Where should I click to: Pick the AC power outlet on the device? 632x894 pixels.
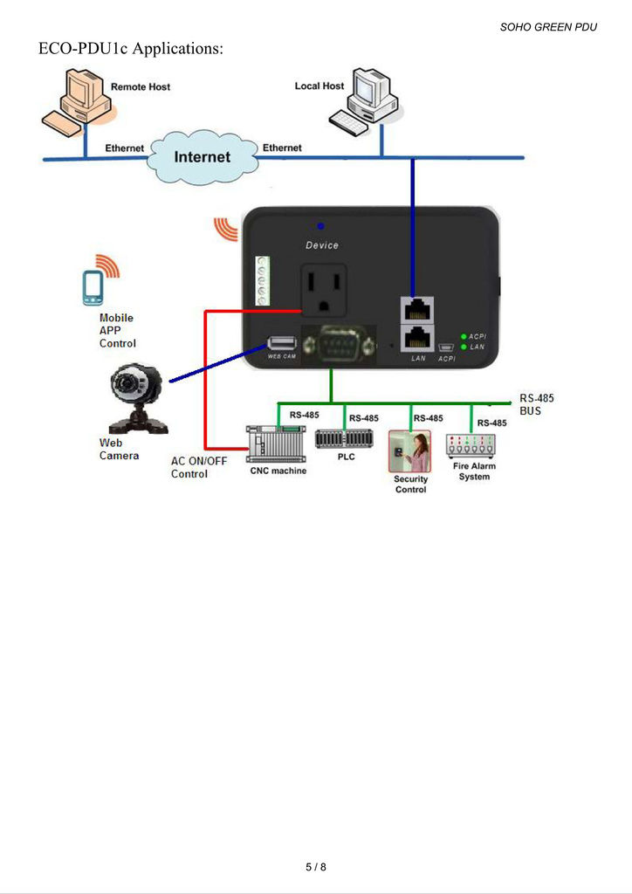click(x=325, y=290)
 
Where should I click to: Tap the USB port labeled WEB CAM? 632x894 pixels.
click(x=282, y=343)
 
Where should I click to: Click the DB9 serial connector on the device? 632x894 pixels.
click(x=338, y=347)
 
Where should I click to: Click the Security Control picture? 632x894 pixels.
click(x=409, y=451)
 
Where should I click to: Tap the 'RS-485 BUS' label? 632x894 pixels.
click(x=536, y=404)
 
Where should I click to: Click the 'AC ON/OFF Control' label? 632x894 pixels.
click(x=189, y=467)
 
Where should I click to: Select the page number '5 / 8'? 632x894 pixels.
click(x=316, y=867)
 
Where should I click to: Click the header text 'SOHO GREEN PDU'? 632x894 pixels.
click(x=548, y=27)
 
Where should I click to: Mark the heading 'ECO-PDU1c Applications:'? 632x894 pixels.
click(x=131, y=49)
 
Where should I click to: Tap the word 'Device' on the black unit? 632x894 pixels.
click(x=322, y=245)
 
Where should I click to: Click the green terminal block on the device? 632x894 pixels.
click(x=260, y=281)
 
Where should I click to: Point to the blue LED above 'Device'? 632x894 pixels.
click(x=321, y=226)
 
